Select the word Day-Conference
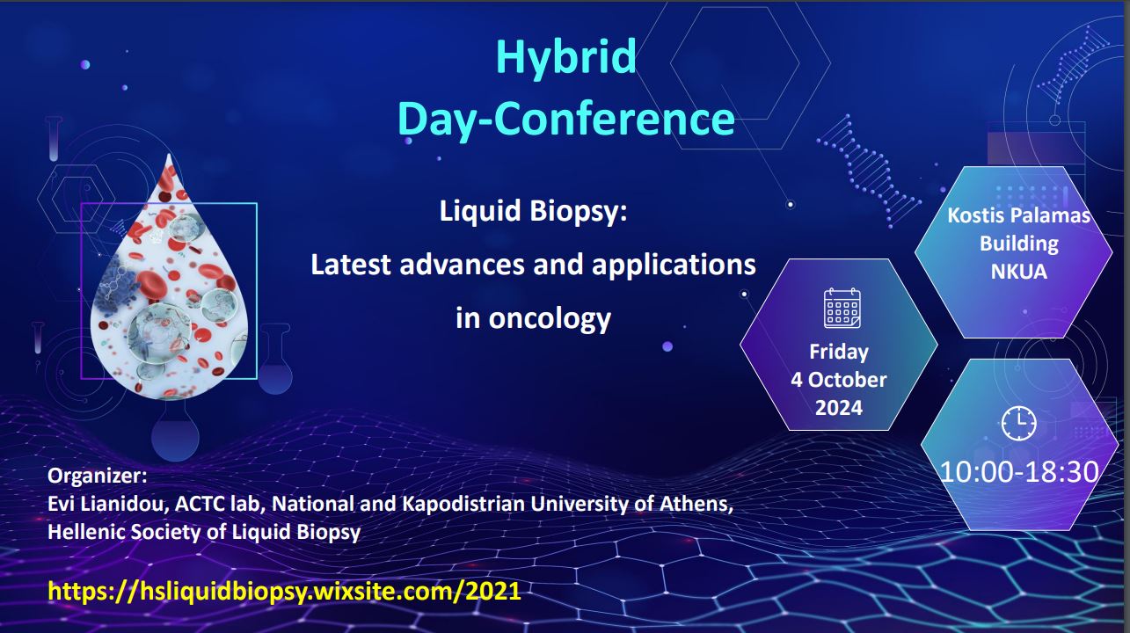point(566,119)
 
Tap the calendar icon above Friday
point(842,309)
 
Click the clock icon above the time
point(1018,423)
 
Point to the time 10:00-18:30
point(1019,471)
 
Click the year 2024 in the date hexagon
point(839,408)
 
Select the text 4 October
point(838,379)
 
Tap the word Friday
point(839,352)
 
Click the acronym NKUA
point(1019,272)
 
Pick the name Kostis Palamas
point(1018,215)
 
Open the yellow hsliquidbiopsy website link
point(284,591)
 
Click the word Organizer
point(97,476)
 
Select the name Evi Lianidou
point(107,504)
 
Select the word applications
point(674,266)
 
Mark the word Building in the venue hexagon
point(1019,244)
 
